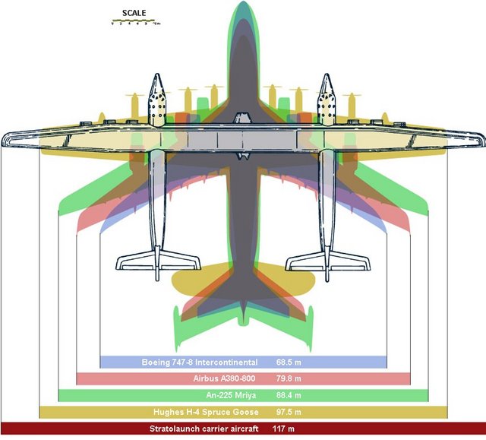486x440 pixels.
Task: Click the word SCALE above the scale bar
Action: [134, 13]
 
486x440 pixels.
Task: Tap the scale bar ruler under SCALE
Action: [134, 22]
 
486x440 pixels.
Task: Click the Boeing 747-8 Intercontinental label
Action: [200, 362]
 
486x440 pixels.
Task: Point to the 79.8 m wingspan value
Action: [289, 378]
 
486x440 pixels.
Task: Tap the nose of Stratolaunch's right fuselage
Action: [327, 77]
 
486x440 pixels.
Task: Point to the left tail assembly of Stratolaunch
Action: [157, 261]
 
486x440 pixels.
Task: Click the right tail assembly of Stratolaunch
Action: [327, 261]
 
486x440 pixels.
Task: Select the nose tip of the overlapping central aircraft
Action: [242, 5]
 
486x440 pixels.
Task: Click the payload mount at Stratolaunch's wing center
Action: [242, 120]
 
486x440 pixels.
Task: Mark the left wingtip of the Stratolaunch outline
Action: [6, 138]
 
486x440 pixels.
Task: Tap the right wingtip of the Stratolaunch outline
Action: [480, 138]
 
